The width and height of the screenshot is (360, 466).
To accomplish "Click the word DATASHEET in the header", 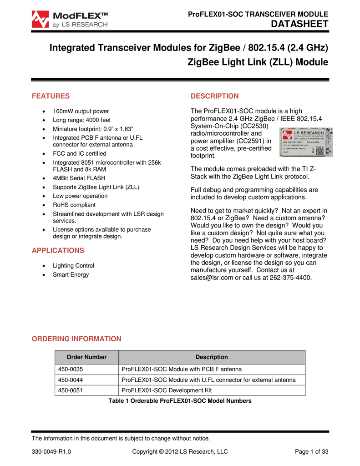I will click(299, 24).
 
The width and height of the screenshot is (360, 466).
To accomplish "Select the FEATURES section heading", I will click(50, 96).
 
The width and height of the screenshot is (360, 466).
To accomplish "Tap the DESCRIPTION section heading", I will click(214, 96).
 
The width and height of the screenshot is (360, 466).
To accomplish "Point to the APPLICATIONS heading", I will click(57, 250).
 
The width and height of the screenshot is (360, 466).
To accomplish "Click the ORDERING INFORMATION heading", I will click(76, 339).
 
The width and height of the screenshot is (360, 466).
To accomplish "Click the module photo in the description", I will click(306, 141).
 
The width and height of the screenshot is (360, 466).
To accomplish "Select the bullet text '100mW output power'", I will click(81, 111).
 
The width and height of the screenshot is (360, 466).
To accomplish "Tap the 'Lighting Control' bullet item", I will click(73, 265).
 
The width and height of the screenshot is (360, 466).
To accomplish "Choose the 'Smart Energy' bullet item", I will click(71, 274).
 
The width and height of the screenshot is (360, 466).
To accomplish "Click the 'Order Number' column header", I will click(86, 357).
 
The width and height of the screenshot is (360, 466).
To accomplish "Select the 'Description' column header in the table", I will click(212, 357).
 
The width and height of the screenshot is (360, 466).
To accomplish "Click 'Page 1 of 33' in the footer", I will click(312, 451).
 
